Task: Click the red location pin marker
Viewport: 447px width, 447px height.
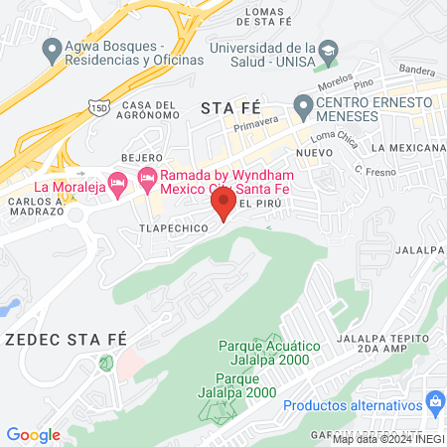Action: pyautogui.click(x=223, y=206)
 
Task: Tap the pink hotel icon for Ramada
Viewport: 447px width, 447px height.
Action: pyautogui.click(x=148, y=178)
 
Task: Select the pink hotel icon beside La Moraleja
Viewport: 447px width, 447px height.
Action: pyautogui.click(x=117, y=183)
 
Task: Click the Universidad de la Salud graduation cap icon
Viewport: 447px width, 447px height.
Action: pyautogui.click(x=327, y=50)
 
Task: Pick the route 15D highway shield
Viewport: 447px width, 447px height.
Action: pyautogui.click(x=95, y=105)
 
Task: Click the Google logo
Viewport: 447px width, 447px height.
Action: pyautogui.click(x=33, y=434)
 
